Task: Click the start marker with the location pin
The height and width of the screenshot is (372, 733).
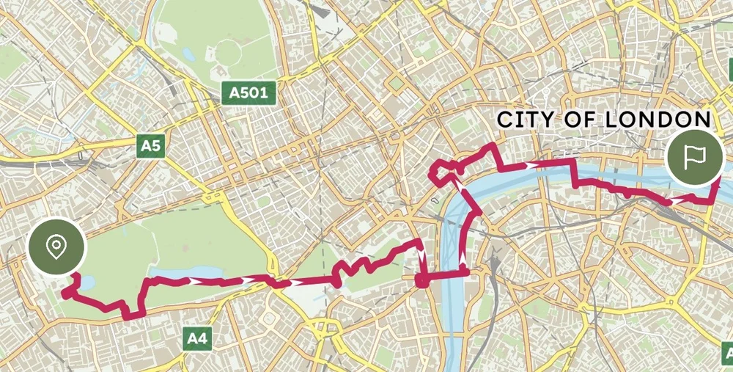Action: click(56, 247)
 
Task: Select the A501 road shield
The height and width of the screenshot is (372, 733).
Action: click(248, 93)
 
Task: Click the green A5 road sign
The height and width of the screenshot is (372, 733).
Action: click(150, 145)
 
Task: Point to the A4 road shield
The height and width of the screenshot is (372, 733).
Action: click(197, 338)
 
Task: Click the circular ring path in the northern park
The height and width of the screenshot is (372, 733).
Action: click(227, 54)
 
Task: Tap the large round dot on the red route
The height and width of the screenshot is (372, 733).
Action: click(421, 280)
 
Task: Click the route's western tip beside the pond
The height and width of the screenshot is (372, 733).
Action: click(65, 293)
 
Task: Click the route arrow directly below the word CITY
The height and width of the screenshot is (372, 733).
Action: click(529, 167)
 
